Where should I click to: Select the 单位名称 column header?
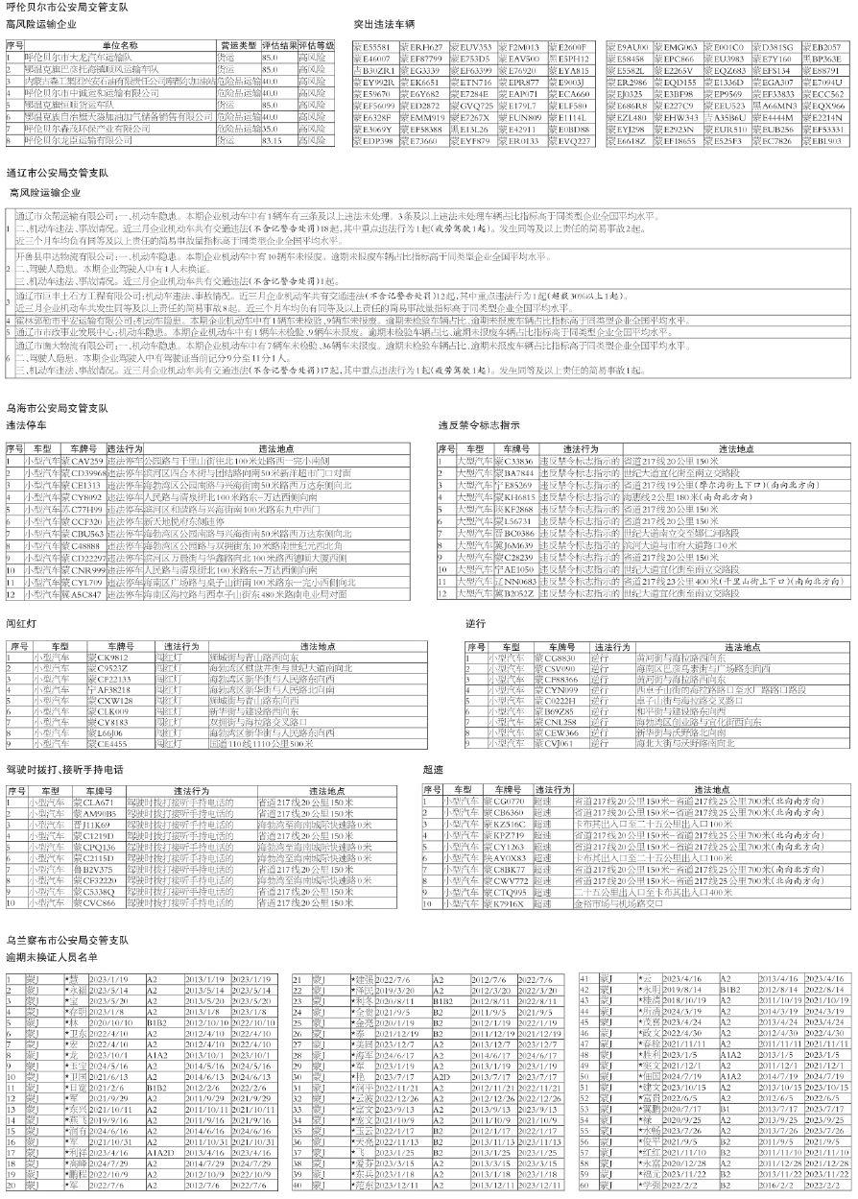click(x=119, y=45)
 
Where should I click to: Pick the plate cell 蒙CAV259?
click(x=81, y=461)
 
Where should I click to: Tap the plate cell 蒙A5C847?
click(x=81, y=594)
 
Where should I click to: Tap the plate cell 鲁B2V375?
click(x=92, y=870)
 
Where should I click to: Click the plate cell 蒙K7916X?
click(x=508, y=903)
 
